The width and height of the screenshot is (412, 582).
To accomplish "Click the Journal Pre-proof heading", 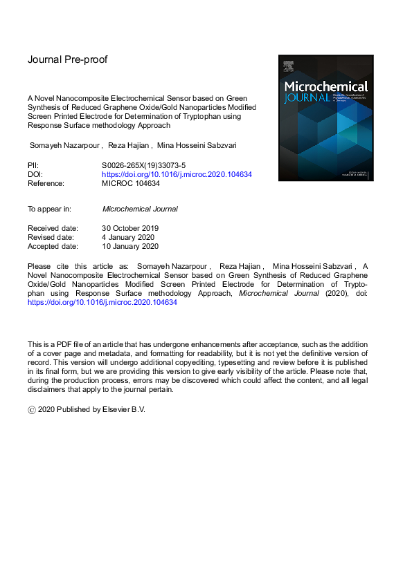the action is click(67, 59).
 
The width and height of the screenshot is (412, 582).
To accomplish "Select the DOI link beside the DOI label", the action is click(177, 175).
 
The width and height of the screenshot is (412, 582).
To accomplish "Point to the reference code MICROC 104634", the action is click(134, 184).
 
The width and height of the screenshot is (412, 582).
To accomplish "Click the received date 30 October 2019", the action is click(132, 228).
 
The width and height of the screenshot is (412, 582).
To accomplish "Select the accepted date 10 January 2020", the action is click(130, 246).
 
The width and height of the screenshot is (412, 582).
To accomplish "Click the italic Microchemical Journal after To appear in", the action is click(140, 209).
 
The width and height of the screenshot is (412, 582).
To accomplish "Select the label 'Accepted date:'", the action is click(53, 246).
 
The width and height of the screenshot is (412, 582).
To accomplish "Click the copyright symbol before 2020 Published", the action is click(32, 410).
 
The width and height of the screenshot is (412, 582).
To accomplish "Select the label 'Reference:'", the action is click(46, 184).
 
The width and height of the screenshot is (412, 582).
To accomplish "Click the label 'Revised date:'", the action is click(52, 237).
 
